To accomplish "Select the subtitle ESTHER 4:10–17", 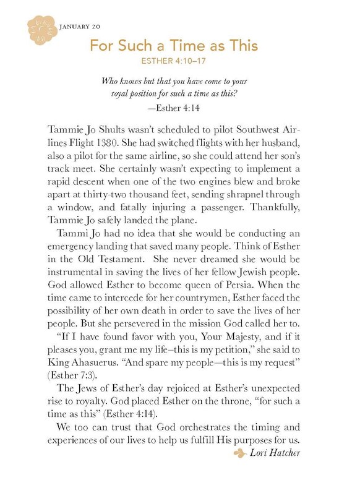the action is point(174,62).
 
